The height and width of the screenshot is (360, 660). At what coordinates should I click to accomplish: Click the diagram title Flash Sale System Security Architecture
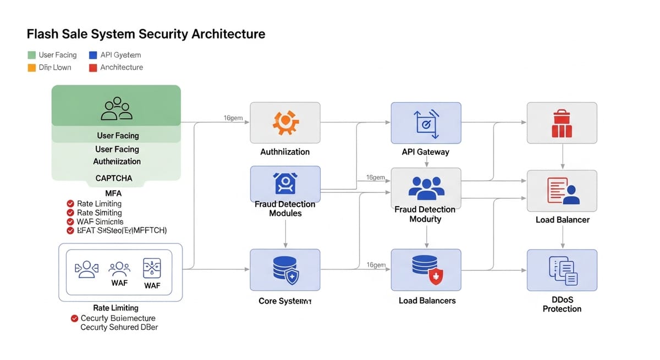click(146, 34)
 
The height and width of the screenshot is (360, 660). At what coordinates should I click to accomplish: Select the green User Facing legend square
click(31, 55)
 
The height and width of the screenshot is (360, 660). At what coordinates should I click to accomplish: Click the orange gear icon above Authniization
click(285, 123)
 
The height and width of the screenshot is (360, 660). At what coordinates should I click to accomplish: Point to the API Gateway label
click(425, 152)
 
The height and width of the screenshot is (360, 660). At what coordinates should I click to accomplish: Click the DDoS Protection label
click(562, 303)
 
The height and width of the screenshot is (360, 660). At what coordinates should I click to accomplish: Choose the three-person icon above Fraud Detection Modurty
click(426, 188)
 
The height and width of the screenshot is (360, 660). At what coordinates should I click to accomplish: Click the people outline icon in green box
click(117, 109)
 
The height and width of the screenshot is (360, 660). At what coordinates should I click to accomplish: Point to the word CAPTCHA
click(114, 178)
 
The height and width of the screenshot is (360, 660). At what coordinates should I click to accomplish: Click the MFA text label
click(113, 193)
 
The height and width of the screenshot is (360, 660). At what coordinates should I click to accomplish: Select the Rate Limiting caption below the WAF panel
click(116, 308)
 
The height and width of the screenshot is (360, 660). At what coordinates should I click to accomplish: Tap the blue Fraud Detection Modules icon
click(285, 183)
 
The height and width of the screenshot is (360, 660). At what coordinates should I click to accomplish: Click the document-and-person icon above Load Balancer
click(562, 191)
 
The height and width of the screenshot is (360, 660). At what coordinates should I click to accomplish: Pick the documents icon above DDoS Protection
click(562, 270)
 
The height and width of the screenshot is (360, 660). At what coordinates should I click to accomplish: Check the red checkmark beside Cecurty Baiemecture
click(75, 318)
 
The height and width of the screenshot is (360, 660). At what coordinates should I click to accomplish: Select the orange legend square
click(31, 68)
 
